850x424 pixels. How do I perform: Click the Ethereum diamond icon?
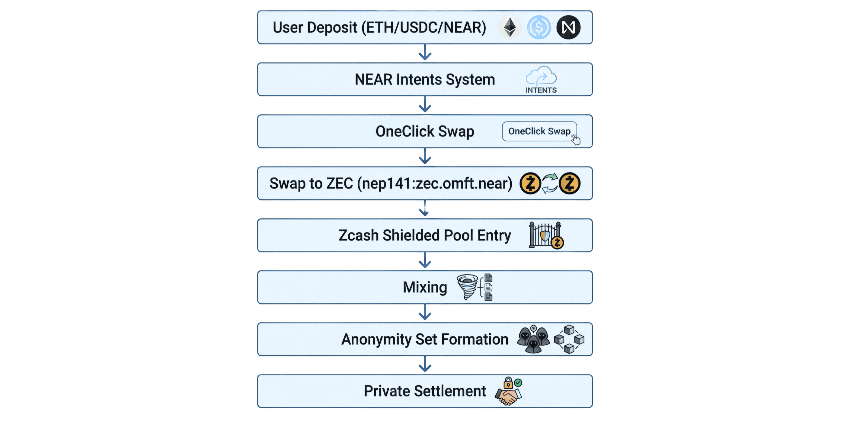click(510, 27)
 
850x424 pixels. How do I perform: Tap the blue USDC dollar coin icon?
click(539, 27)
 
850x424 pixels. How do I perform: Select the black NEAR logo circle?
click(568, 27)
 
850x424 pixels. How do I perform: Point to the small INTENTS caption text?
click(541, 90)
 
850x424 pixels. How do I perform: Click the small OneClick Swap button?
click(539, 131)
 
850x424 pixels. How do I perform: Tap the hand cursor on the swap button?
click(576, 140)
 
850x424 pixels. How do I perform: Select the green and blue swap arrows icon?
click(550, 183)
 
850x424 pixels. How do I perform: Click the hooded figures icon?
click(533, 339)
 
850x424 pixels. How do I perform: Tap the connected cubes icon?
click(569, 339)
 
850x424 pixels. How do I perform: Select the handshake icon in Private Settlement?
click(508, 394)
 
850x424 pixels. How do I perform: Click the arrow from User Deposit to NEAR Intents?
click(425, 53)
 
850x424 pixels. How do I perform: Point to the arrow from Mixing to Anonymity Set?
click(425, 312)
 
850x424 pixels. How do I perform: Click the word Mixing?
click(425, 287)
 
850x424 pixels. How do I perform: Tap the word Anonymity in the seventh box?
click(376, 340)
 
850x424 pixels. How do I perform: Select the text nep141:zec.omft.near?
click(435, 183)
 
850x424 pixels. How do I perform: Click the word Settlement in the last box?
click(450, 391)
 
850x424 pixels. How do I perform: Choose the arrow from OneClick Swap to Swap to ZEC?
click(425, 157)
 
